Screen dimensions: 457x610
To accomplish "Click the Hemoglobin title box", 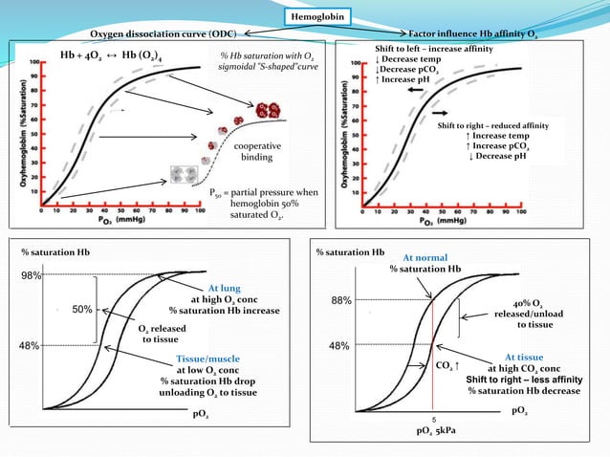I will click(319, 15).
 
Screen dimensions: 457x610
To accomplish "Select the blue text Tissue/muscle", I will click(210, 359).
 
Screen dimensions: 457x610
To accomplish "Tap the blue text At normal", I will click(425, 257).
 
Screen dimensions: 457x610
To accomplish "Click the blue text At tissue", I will click(523, 356).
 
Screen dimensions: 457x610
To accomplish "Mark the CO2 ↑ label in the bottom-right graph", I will click(447, 365).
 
